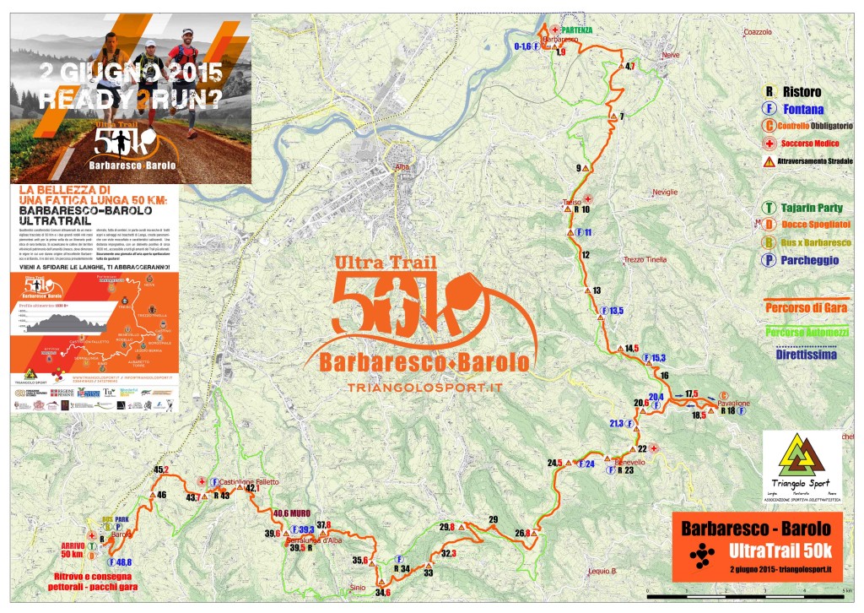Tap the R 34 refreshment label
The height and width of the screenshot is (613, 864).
[x=401, y=568]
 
